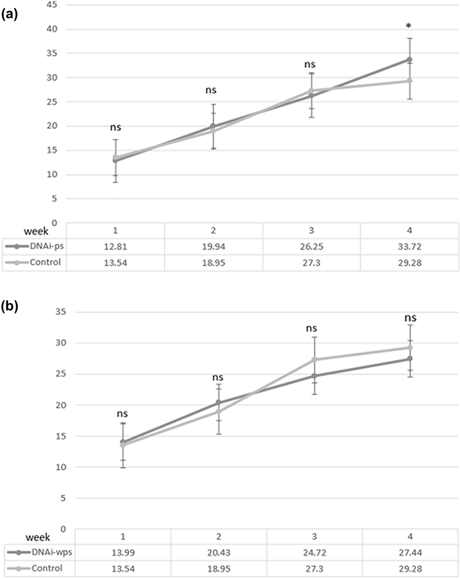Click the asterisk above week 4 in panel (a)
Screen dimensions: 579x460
[408, 26]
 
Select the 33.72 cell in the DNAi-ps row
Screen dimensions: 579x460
[410, 247]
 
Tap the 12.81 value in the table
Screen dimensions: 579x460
[115, 247]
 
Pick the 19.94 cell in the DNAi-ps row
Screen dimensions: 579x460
[213, 247]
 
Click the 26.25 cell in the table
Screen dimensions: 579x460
[311, 247]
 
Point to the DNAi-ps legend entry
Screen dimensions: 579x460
[34, 246]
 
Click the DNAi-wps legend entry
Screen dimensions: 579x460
[39, 553]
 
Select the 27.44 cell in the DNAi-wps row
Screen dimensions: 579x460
[410, 553]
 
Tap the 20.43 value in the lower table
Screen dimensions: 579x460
[219, 553]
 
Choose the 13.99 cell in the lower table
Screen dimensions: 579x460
[123, 553]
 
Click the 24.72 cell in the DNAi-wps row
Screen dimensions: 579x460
[315, 553]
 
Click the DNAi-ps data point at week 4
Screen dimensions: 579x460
[409, 60]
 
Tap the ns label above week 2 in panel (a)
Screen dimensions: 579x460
[211, 90]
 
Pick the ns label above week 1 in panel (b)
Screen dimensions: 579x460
[122, 414]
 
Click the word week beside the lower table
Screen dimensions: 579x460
[38, 537]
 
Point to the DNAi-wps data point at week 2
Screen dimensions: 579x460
[219, 402]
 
